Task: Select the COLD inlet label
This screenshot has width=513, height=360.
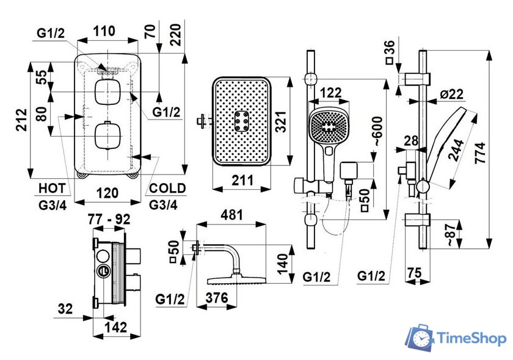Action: coord(167,187)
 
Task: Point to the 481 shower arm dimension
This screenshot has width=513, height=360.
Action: coord(232,215)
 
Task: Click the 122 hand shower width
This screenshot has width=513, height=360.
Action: coord(330,92)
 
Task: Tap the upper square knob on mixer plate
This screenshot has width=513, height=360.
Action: coord(106,92)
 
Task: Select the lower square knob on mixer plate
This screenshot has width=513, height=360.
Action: coord(106,135)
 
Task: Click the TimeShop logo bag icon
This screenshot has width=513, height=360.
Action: coord(420,338)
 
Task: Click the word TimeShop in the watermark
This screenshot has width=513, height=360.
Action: coord(470,338)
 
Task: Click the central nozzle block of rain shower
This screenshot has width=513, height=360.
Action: coord(241,122)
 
